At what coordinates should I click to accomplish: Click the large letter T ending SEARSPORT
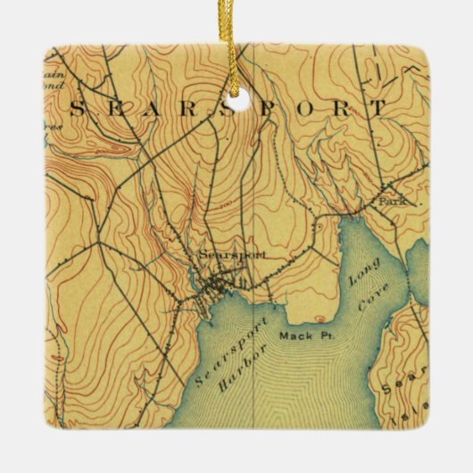tap(380, 108)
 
